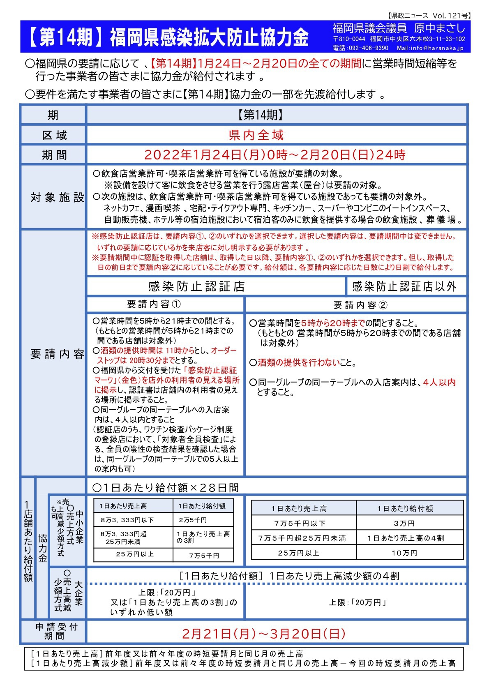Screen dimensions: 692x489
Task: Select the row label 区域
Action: coord(54,135)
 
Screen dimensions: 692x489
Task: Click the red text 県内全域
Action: coord(256,135)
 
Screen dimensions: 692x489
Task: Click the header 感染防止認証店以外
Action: coord(404,286)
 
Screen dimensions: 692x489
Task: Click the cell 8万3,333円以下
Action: coord(127,520)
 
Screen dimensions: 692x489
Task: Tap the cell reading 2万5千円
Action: coord(193,520)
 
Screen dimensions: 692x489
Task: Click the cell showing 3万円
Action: coord(404,523)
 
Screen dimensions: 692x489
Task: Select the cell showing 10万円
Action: coord(404,553)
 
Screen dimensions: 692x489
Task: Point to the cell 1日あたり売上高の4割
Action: coord(405,538)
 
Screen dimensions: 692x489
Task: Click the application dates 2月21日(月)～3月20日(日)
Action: coord(263,633)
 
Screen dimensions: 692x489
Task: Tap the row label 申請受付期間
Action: coord(56,631)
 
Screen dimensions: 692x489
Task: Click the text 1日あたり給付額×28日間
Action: coord(166,488)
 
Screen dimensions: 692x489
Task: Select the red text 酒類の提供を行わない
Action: coord(299,362)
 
